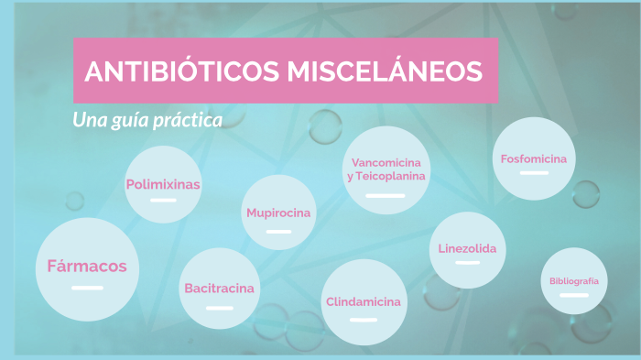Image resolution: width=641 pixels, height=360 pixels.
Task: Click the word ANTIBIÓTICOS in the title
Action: click(179, 71)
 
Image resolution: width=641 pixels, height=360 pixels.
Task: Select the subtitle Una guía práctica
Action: click(147, 120)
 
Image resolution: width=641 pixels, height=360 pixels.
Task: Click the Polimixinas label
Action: click(163, 184)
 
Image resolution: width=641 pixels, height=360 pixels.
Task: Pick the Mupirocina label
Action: click(278, 213)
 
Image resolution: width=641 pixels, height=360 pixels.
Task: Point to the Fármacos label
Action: click(87, 267)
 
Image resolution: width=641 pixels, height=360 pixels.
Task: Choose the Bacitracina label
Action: click(219, 289)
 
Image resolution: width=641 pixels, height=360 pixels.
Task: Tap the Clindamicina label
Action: click(363, 301)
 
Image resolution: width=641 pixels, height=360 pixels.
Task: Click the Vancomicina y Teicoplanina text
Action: click(386, 169)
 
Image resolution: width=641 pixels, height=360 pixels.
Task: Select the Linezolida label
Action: click(467, 248)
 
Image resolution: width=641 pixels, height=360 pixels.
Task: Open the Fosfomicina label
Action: click(534, 159)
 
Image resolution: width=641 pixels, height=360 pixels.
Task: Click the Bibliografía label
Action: click(574, 281)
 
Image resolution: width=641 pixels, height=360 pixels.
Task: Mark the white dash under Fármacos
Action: click(87, 289)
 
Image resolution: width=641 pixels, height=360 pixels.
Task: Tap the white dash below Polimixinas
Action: click(163, 200)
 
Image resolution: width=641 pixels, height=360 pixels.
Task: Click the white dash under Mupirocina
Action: click(278, 232)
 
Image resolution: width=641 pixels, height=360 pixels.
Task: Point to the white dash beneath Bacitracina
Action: click(219, 308)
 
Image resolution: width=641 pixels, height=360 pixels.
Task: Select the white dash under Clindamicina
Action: click(363, 320)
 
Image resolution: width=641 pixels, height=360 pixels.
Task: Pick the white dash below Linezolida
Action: click(467, 264)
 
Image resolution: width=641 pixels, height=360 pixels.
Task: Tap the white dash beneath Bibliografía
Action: click(574, 296)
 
